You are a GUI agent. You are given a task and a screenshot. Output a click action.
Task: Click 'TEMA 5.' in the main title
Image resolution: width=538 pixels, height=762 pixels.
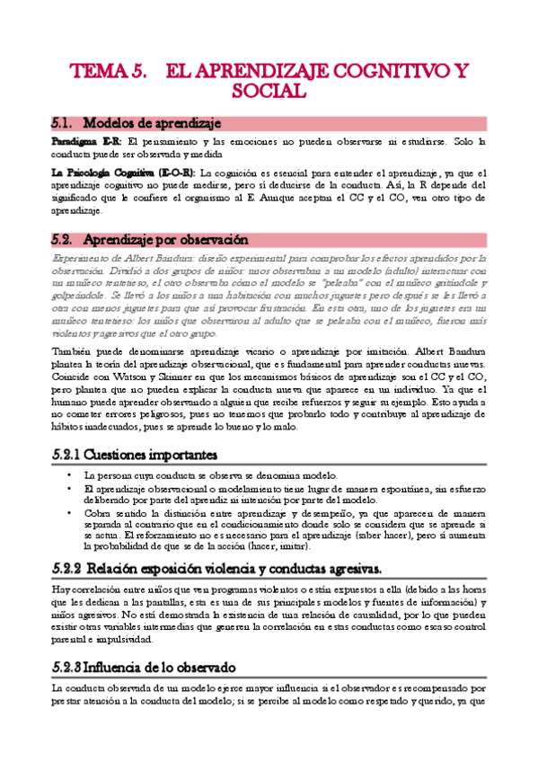coord(110,72)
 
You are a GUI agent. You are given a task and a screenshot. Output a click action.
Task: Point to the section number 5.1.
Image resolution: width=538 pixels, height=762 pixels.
coord(61,122)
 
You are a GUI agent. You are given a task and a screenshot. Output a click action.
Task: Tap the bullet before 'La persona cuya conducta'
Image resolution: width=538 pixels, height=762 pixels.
coord(69,475)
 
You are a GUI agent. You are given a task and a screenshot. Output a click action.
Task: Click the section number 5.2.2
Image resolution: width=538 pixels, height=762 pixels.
coord(66,569)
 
